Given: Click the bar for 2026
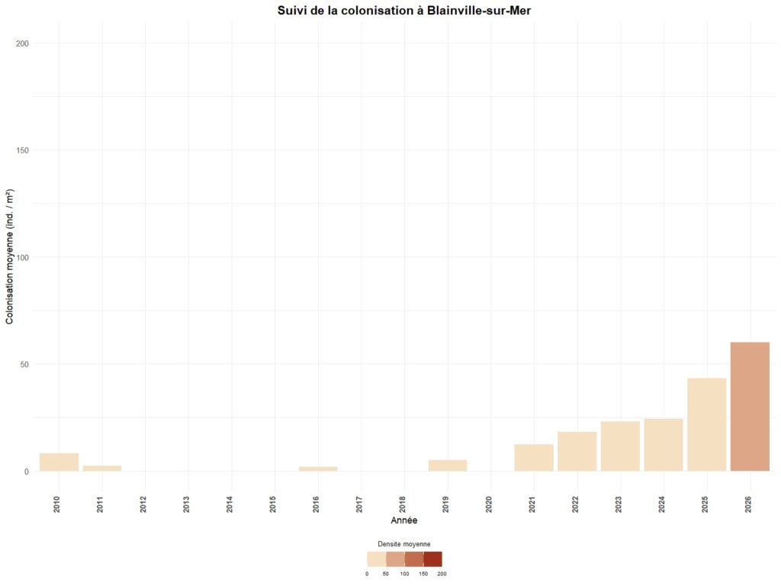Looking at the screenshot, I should (750, 407).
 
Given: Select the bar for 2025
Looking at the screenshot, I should (706, 424).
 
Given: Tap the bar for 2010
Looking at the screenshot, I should (59, 462).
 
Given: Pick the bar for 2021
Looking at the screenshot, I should (534, 458).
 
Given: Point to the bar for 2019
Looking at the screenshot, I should (448, 465).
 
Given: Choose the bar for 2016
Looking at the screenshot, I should (318, 468).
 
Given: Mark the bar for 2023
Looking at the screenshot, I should (620, 446).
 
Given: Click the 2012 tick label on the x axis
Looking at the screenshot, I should (143, 504).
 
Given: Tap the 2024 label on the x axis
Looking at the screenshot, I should (662, 504).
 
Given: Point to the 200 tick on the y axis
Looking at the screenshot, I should (22, 43).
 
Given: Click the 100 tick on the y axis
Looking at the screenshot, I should (22, 257).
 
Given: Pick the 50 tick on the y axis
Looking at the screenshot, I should (24, 364).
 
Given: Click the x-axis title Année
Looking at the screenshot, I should (403, 520).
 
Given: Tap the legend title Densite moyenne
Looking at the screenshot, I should (404, 544).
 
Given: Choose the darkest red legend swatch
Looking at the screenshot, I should (432, 559).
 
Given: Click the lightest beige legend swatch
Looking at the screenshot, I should (376, 559).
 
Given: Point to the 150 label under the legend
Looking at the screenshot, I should (423, 574).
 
